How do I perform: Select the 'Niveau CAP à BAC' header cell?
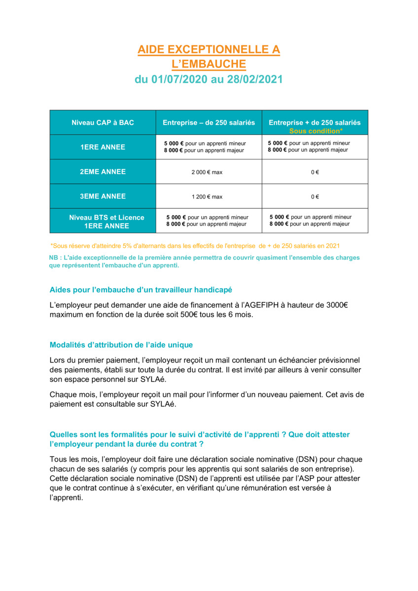tap(103, 123)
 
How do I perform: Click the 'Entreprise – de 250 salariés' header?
tap(209, 123)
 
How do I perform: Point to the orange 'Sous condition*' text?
tap(315, 131)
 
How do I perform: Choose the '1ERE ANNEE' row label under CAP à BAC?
tap(103, 147)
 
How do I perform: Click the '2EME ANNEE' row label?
tap(103, 172)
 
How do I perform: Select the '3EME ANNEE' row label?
tap(103, 196)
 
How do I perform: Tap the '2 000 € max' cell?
tap(207, 172)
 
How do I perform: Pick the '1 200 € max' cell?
tap(207, 197)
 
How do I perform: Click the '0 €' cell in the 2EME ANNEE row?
tap(314, 172)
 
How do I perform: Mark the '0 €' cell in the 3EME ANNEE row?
tap(314, 197)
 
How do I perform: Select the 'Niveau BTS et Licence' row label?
tap(106, 217)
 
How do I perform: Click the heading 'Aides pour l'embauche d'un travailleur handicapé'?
tap(141, 290)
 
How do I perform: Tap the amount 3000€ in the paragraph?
tap(337, 305)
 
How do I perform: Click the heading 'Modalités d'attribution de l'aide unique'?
tap(121, 345)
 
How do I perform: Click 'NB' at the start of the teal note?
tap(54, 258)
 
